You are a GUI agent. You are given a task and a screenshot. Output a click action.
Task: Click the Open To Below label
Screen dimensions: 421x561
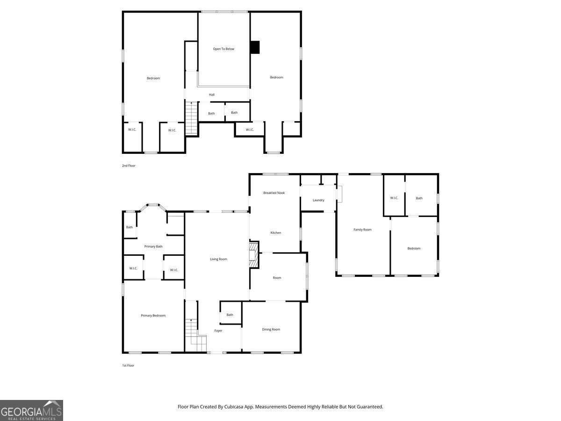(223, 49)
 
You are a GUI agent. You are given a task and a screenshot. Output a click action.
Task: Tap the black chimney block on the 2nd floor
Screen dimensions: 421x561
(255, 47)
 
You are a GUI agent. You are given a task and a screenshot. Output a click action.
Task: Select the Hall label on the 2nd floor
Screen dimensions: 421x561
(212, 94)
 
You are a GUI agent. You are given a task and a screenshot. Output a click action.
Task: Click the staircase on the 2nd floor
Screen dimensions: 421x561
(191, 118)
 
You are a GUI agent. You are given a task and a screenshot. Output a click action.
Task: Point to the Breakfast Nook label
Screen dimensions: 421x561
(273, 193)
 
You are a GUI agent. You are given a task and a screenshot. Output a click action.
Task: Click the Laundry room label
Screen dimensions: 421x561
(318, 200)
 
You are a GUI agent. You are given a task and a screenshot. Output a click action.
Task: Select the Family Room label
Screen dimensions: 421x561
(362, 230)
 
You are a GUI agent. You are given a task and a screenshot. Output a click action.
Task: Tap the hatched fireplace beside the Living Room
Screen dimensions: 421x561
(253, 255)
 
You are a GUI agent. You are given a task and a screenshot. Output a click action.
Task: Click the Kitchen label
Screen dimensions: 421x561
(275, 232)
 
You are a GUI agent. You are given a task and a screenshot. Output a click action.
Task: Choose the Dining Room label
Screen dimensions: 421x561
(271, 329)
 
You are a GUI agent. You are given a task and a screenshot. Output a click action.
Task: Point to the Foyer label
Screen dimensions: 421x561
(218, 331)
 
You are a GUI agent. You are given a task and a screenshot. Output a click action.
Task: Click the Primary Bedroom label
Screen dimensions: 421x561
(153, 315)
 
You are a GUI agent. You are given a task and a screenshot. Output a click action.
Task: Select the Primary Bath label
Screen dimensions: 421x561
(153, 247)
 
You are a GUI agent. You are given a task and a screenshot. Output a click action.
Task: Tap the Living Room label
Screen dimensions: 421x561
(218, 259)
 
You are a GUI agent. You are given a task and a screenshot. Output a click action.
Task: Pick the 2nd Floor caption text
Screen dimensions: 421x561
(129, 166)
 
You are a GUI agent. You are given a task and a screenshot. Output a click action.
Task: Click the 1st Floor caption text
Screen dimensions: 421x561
(128, 365)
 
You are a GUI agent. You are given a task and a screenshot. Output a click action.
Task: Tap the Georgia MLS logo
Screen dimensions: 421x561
(31, 411)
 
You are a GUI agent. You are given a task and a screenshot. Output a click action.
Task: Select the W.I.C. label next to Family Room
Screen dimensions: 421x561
(394, 198)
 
